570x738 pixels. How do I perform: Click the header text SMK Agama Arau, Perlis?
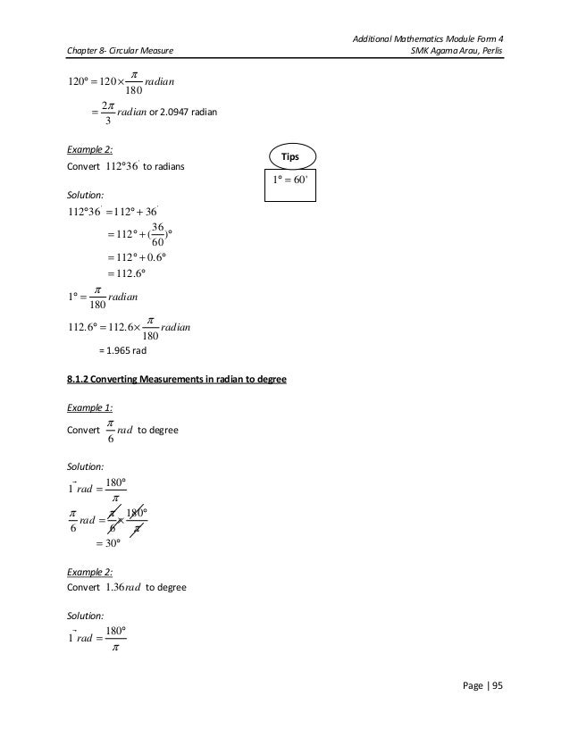click(x=455, y=48)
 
